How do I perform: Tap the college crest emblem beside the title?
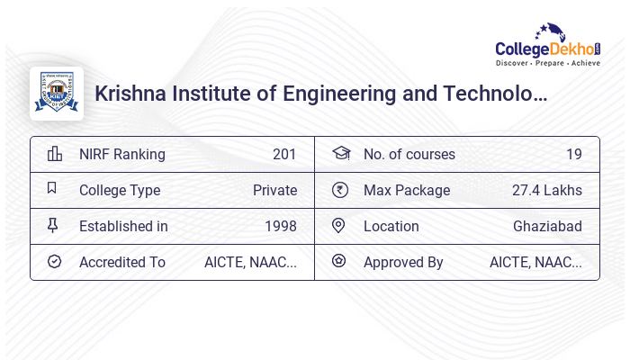pos(57,94)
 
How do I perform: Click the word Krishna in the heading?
pos(130,94)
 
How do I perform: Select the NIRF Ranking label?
pos(122,154)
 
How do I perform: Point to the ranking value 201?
pos(284,154)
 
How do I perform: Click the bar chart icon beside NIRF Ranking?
pos(54,154)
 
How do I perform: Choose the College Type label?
pos(120,190)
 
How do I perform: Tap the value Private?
pos(274,190)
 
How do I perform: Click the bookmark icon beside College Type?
pos(53,189)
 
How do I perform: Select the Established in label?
pos(123,226)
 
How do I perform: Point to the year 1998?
pos(281,226)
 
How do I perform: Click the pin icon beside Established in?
pos(53,226)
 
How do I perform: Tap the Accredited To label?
pos(122,262)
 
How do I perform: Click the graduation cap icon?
pos(340,154)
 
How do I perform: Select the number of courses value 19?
pos(573,154)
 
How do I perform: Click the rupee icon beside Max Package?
pos(339,190)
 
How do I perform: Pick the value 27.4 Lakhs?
pos(546,190)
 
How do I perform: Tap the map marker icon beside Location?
pos(339,226)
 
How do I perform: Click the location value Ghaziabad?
pos(547,226)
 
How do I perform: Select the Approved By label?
pos(403,262)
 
